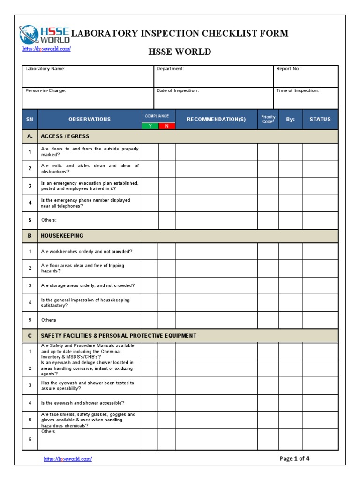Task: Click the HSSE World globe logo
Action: (29, 34)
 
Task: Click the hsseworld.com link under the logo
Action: (46, 49)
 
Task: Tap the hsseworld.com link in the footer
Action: (68, 459)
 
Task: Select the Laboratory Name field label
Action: (45, 69)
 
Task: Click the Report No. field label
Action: (289, 69)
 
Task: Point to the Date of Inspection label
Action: (178, 90)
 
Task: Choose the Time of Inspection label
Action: (298, 90)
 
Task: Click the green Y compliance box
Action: (150, 126)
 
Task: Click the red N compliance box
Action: (166, 126)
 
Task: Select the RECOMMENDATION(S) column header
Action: (216, 120)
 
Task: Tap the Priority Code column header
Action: (268, 119)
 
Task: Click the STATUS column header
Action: (320, 120)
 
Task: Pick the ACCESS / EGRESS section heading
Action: (65, 136)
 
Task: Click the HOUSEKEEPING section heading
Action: (62, 236)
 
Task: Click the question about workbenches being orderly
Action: (87, 252)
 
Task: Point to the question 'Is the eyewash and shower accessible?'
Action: (82, 403)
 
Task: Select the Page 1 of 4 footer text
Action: (294, 458)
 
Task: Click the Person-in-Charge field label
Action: (46, 90)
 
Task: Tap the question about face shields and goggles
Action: (88, 420)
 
